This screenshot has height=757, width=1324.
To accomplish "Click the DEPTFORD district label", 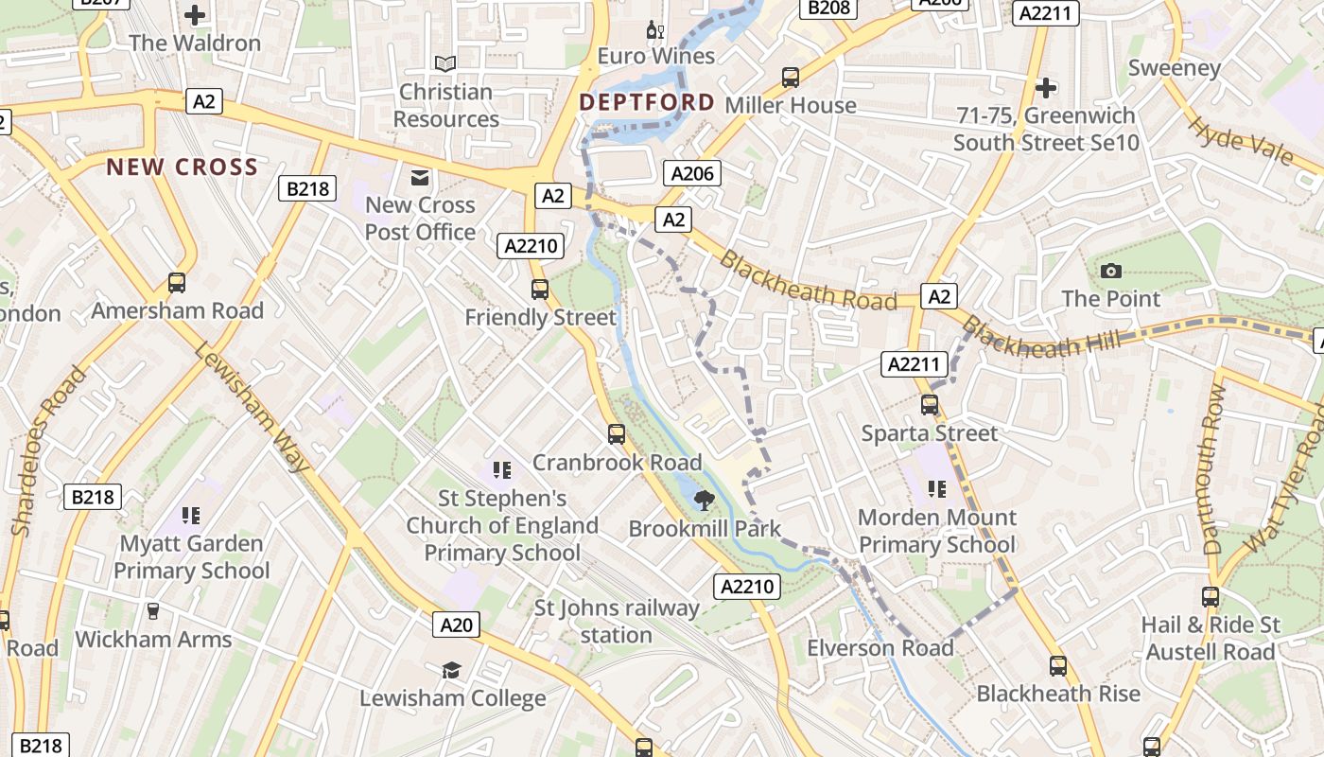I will [647, 102].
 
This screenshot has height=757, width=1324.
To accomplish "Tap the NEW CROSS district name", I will [182, 167].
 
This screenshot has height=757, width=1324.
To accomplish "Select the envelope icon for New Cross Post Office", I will [420, 177].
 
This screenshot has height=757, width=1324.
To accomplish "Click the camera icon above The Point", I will [1111, 272].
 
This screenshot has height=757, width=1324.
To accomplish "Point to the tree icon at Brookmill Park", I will [703, 500].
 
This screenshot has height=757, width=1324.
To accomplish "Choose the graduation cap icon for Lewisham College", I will [452, 671].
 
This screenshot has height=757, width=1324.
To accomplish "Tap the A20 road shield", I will [457, 625].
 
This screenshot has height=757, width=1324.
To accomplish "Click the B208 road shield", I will [828, 9].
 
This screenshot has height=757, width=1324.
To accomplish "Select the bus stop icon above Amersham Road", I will [177, 283].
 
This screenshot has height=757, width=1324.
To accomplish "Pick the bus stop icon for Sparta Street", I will [930, 405].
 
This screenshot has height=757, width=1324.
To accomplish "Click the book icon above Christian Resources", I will [445, 63].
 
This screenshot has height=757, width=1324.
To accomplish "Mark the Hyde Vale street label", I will [1239, 140].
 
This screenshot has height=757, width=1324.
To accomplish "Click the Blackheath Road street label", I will [808, 281].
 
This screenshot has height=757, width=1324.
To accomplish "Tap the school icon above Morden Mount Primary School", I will [937, 489].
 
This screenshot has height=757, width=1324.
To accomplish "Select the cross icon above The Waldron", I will [195, 15].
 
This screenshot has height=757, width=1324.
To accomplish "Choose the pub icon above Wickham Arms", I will [152, 611].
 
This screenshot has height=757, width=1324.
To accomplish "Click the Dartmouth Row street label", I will [1214, 469].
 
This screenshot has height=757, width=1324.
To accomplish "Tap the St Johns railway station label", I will [617, 621].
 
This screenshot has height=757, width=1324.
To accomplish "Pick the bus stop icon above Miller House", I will [791, 78].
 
